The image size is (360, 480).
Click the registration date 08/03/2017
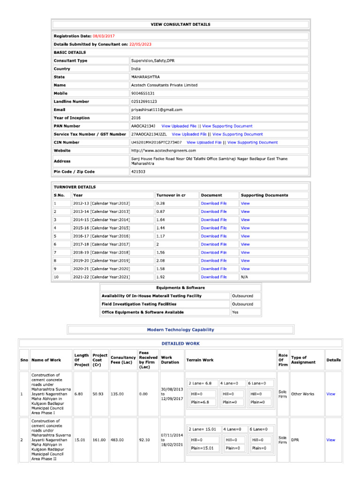point(104,36)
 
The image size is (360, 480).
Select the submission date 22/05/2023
point(140,44)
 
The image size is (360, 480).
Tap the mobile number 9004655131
point(143,93)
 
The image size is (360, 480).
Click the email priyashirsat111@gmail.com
point(157,110)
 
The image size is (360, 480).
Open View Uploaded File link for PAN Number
point(179,126)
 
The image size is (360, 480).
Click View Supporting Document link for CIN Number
point(252,142)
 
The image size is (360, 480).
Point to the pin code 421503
point(138,172)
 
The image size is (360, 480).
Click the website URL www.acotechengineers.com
point(163,150)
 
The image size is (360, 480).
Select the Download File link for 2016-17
point(213,236)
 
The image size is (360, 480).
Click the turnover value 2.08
point(161,261)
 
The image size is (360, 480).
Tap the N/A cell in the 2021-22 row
point(244,277)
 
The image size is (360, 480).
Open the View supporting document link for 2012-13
point(245,203)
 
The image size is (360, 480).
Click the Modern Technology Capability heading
point(180,330)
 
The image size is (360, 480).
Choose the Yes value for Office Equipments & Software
point(236,312)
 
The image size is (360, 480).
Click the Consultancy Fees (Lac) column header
point(123,360)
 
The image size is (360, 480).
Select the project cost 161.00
point(99,440)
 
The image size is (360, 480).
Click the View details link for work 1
point(330,394)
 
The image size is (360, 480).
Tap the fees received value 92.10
point(144,440)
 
